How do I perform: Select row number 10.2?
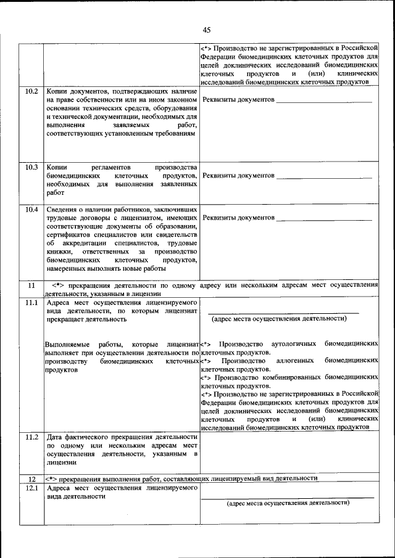point(31,91)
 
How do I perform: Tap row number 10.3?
point(31,167)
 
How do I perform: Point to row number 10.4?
point(31,210)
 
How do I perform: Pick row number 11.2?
point(31,437)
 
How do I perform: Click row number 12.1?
point(31,488)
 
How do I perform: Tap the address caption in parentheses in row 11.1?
point(279,319)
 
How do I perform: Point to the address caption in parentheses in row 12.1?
point(288,503)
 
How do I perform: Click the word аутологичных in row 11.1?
point(289,343)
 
